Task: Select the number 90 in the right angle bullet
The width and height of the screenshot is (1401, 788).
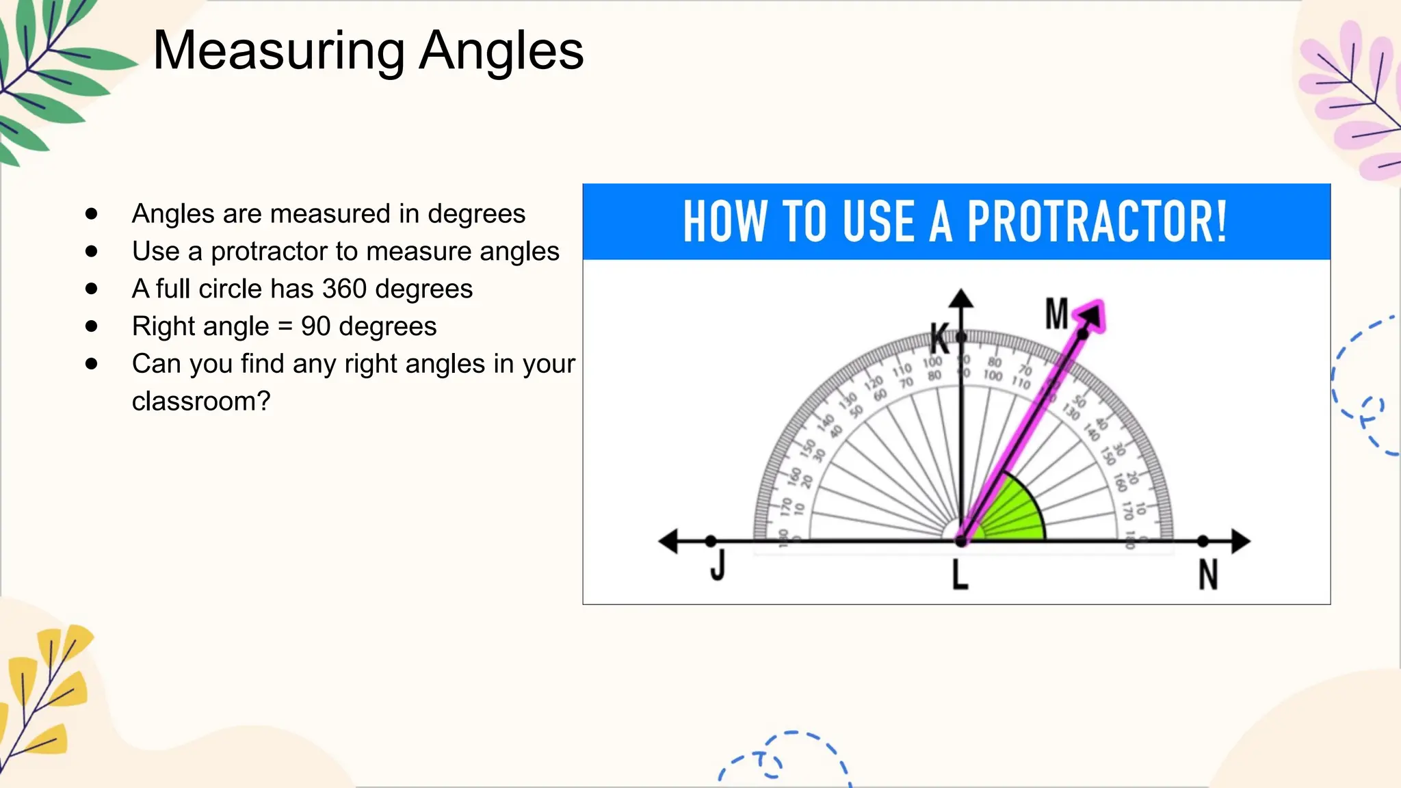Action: click(315, 326)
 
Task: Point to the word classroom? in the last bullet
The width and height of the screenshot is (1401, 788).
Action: click(201, 402)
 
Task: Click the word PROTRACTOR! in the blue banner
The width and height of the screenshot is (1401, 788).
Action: click(1097, 222)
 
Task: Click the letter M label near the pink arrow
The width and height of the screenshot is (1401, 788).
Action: click(1056, 314)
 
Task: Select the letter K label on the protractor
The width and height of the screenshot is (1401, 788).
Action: click(939, 339)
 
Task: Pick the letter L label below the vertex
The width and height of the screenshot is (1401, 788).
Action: click(960, 575)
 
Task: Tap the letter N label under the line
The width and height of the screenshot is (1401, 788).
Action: click(1208, 575)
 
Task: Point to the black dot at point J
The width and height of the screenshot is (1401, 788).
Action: click(711, 541)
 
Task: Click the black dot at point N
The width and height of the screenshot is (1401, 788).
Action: click(1203, 541)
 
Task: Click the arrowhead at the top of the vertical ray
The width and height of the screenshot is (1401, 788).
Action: click(961, 298)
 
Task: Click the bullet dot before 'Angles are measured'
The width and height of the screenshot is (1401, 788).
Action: click(92, 214)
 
